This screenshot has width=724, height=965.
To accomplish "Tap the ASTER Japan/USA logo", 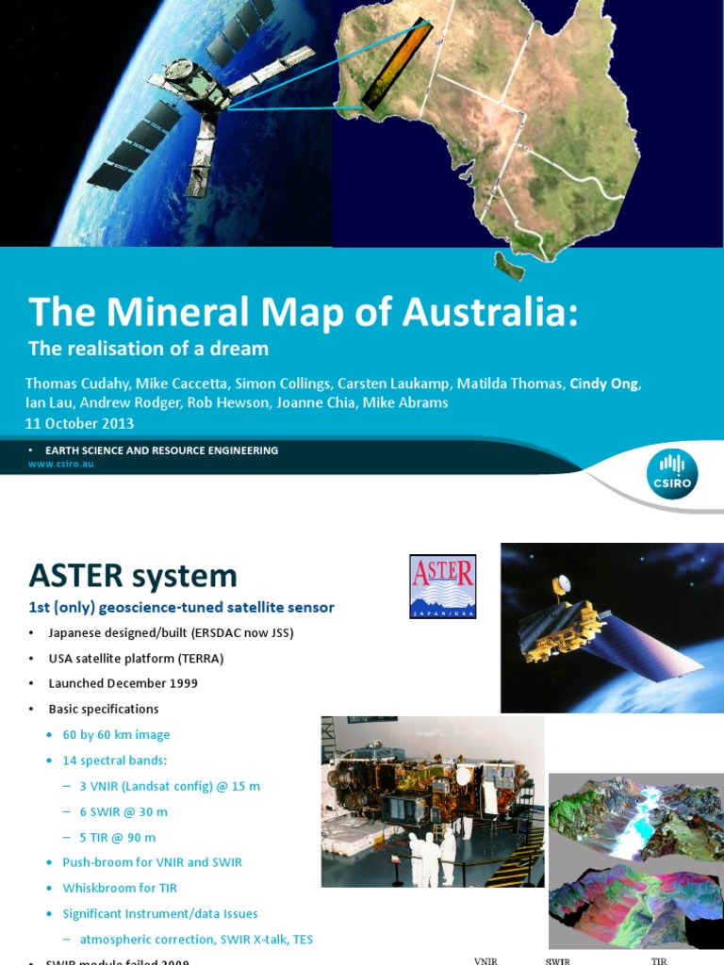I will point(442,586).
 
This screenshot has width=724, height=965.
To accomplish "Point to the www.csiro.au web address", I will point(60,464).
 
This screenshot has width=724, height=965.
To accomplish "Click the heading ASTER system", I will point(132,575).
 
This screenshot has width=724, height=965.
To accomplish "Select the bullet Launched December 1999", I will point(123,683).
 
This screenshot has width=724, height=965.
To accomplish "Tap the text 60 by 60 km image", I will point(116,735).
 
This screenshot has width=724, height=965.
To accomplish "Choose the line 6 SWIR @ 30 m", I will point(123,811).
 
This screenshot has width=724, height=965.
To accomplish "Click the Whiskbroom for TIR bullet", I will point(120,888).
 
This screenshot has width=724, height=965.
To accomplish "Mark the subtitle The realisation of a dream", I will point(148,349).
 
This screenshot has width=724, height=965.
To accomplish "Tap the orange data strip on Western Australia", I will point(397,66).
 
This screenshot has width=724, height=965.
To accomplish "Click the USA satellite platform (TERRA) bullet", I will point(136,658).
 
